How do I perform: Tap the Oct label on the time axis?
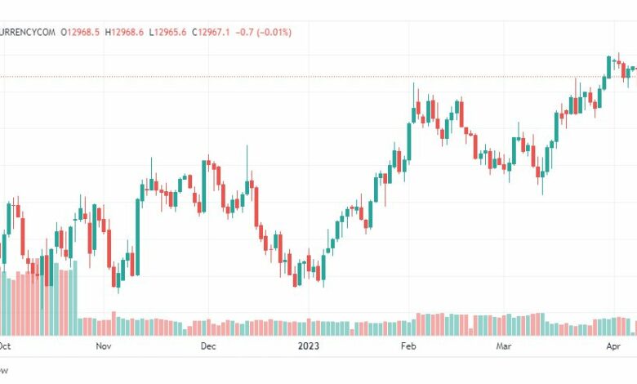[5, 346]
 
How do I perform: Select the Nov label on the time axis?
[103, 346]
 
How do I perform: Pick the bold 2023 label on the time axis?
[309, 346]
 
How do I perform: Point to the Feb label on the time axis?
[408, 346]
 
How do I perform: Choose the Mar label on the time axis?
[504, 346]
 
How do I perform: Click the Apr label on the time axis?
[613, 346]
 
